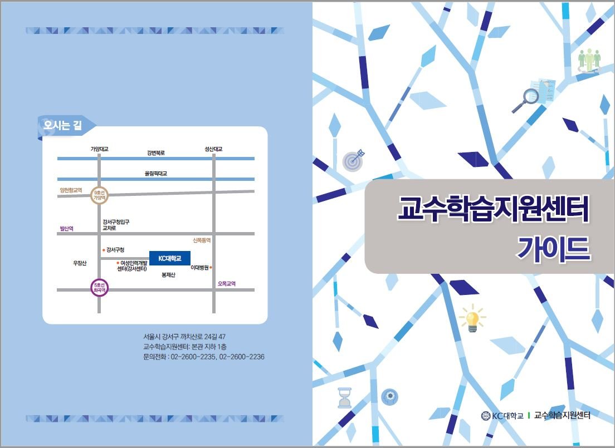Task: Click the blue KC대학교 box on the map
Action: (170, 258)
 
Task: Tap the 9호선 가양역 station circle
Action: (99, 195)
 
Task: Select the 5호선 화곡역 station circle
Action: (99, 288)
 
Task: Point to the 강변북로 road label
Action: (156, 153)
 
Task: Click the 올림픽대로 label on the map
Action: (156, 173)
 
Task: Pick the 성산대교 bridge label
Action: (213, 149)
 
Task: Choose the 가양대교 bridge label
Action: (99, 149)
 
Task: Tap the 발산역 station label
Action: (67, 229)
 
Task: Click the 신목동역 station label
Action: (202, 240)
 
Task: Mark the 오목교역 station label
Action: (227, 283)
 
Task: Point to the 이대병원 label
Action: (199, 267)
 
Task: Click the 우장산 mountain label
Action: (80, 263)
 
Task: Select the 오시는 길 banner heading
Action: (63, 125)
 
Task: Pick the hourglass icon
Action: (345, 398)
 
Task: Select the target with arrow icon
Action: (353, 160)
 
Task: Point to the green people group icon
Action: (589, 61)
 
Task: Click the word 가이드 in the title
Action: (553, 249)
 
